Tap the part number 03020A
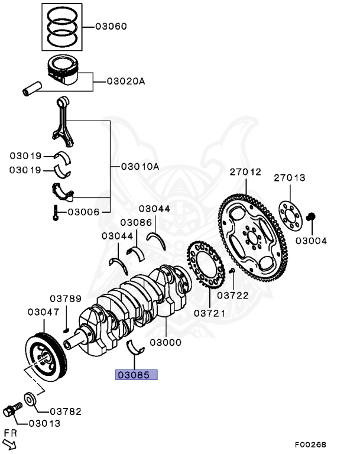[x=126, y=82]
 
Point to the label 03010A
[x=140, y=167]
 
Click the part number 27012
[x=245, y=173]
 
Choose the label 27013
[x=290, y=177]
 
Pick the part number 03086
[x=136, y=223]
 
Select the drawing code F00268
[x=310, y=444]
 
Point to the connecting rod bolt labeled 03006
[x=56, y=212]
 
